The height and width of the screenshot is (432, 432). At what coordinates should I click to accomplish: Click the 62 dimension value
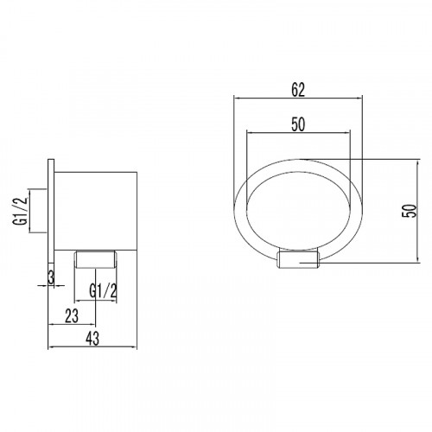pyautogui.click(x=298, y=89)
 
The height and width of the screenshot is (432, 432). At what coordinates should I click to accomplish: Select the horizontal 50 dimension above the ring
pyautogui.click(x=298, y=124)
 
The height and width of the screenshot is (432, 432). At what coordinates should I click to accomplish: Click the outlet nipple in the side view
pyautogui.click(x=96, y=259)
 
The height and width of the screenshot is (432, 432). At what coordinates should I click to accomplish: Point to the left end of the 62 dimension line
pyautogui.click(x=234, y=98)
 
